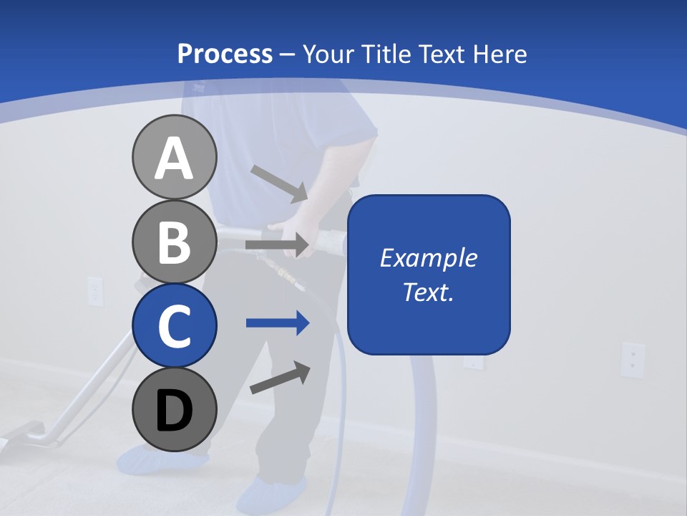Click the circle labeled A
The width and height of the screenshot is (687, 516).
coord(174,158)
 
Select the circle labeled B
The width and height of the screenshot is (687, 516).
coord(174,242)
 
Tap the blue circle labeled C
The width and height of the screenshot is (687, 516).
coord(174,325)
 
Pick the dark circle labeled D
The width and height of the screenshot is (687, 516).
coord(174,409)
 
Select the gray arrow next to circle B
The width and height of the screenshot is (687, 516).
coord(277,245)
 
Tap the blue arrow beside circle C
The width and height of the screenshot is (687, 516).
coord(278,323)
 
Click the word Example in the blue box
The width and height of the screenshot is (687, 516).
coord(428,258)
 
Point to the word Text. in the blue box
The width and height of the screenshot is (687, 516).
coord(428,292)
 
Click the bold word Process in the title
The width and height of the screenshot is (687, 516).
coord(225,54)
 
